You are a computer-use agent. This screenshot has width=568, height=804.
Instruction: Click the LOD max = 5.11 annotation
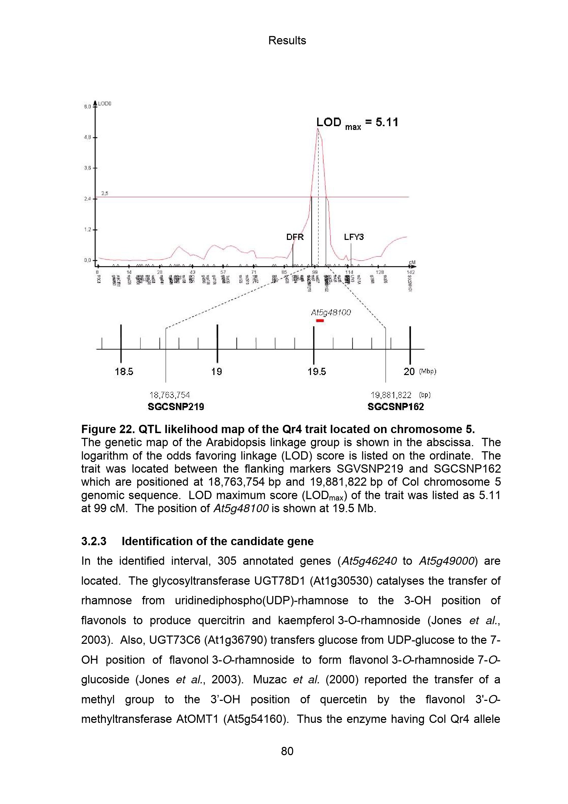357,123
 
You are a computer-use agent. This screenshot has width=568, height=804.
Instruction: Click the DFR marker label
295,237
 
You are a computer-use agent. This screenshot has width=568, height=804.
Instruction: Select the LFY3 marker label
354,237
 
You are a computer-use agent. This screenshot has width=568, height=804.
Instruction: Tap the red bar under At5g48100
320,320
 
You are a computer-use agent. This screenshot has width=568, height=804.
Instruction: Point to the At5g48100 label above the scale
331,312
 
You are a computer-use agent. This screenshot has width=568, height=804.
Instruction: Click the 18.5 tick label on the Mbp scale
124,372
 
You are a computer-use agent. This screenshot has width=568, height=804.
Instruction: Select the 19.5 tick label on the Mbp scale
316,372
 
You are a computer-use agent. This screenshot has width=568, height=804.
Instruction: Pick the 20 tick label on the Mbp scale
409,372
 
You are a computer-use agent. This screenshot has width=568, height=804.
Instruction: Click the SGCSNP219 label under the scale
176,407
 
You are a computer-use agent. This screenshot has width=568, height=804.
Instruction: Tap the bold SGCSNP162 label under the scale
396,407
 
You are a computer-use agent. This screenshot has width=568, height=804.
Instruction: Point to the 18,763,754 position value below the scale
169,395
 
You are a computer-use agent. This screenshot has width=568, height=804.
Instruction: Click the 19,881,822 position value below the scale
391,395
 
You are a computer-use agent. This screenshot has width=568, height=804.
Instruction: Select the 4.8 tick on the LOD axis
88,137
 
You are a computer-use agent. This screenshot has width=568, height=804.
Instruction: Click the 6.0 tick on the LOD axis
88,107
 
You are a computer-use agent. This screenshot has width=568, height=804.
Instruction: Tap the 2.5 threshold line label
105,193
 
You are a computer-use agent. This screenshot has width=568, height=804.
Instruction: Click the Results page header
287,41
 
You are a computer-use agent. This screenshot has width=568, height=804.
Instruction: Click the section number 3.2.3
94,541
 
